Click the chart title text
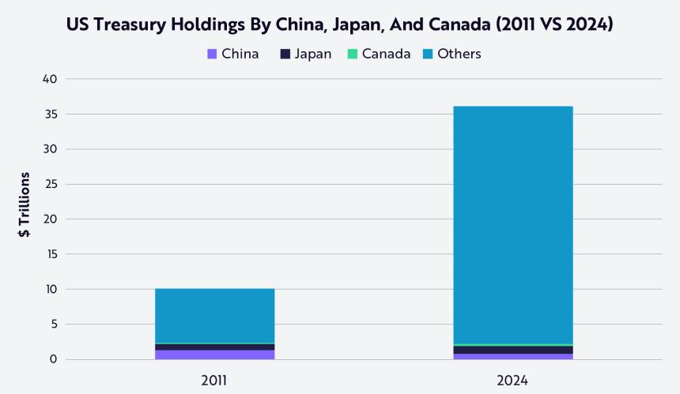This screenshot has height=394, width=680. click(340, 24)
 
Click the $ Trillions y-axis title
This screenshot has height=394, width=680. click(25, 205)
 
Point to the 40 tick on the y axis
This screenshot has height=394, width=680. click(50, 79)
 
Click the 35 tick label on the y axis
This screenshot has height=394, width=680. click(50, 114)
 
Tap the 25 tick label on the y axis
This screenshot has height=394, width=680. click(50, 184)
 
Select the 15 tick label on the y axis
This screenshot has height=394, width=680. click(50, 254)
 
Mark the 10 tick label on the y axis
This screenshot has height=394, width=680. click(50, 289)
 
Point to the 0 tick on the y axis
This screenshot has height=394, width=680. click(53, 359)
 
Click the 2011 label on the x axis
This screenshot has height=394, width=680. click(214, 381)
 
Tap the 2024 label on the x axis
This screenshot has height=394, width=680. click(512, 381)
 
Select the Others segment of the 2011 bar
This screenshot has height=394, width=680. click(214, 316)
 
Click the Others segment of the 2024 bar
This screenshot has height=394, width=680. click(512, 225)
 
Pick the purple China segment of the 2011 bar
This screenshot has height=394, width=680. click(214, 355)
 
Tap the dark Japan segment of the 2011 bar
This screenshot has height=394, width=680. click(214, 347)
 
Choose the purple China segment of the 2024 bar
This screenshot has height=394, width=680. click(512, 356)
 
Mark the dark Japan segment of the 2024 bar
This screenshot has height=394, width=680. click(512, 350)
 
